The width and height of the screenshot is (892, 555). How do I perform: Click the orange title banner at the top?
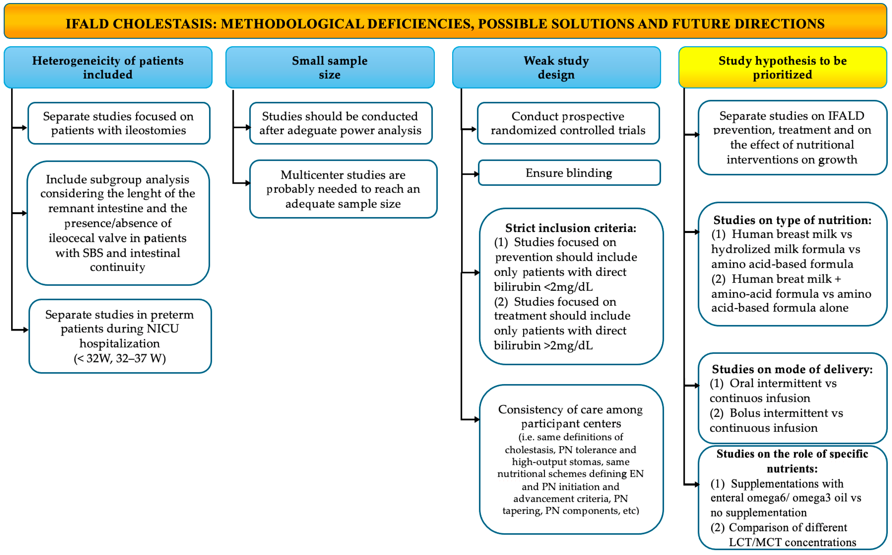coord(445,21)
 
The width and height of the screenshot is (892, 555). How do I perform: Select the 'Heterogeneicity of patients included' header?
coord(108,68)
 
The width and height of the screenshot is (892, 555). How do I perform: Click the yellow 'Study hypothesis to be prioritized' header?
coord(782,68)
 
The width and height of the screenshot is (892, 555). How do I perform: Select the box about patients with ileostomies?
coord(118,123)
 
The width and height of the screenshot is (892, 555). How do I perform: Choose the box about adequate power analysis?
coord(340,123)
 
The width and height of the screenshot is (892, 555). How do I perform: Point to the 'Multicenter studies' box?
coord(343,189)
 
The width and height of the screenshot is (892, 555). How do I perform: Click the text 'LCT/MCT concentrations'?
coord(792,542)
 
